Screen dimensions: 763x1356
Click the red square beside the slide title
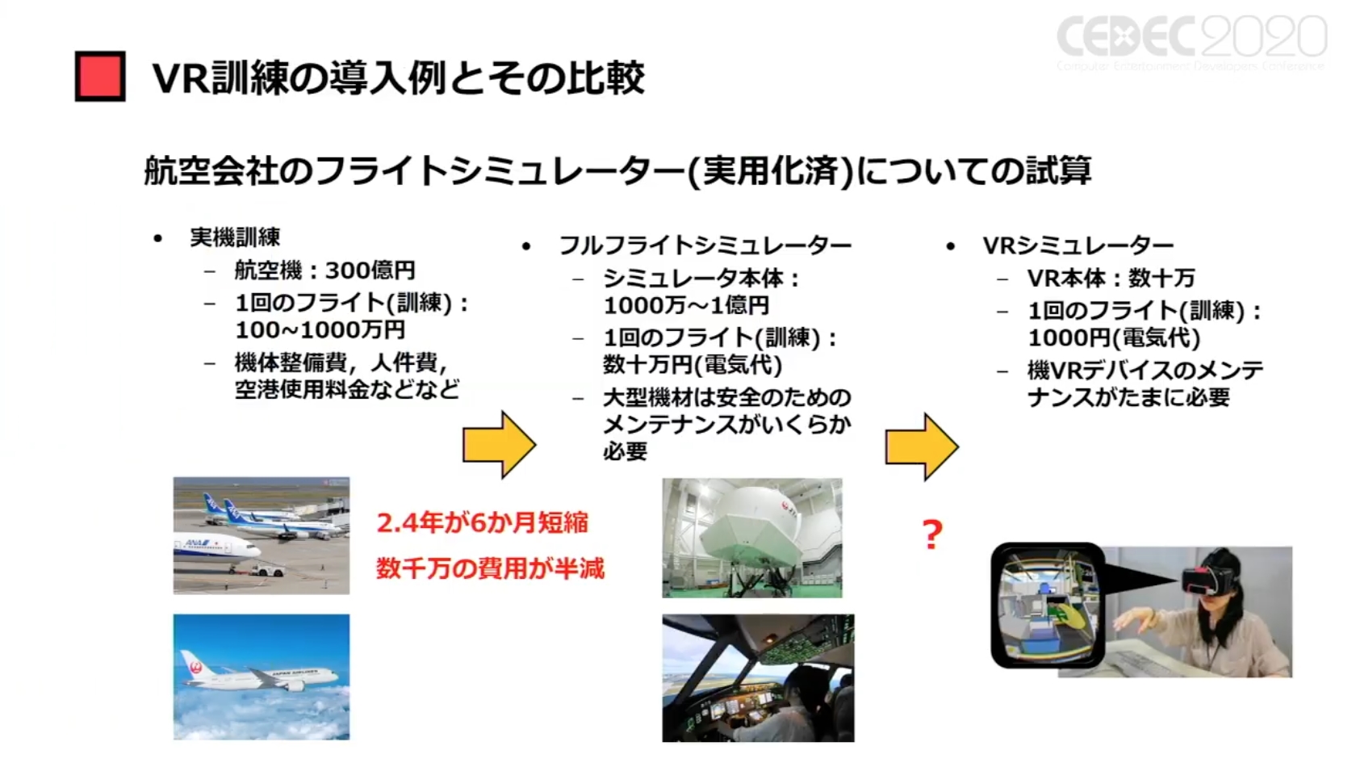point(100,77)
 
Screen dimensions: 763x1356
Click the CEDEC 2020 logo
point(1191,40)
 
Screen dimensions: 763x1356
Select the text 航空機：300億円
point(324,270)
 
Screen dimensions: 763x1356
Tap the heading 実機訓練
point(235,237)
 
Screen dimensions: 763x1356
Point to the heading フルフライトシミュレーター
point(705,245)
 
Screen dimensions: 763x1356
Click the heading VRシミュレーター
point(1078,245)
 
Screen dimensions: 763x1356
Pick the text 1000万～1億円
point(686,306)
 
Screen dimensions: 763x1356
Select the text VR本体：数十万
point(1111,279)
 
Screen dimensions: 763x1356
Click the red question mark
point(932,535)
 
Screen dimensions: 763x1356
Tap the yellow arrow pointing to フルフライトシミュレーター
point(499,444)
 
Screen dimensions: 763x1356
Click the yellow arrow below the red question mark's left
point(922,446)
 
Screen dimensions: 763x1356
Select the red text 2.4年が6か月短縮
point(483,523)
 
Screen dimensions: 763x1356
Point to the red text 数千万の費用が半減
point(490,569)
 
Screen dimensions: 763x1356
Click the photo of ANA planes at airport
point(262,535)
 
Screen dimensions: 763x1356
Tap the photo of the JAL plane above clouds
point(262,677)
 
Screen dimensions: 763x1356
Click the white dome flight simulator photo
point(752,538)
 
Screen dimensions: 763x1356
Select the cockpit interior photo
point(758,678)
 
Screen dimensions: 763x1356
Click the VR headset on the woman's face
point(1208,578)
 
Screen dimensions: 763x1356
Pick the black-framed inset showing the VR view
point(1048,605)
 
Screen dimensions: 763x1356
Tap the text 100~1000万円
point(320,330)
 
